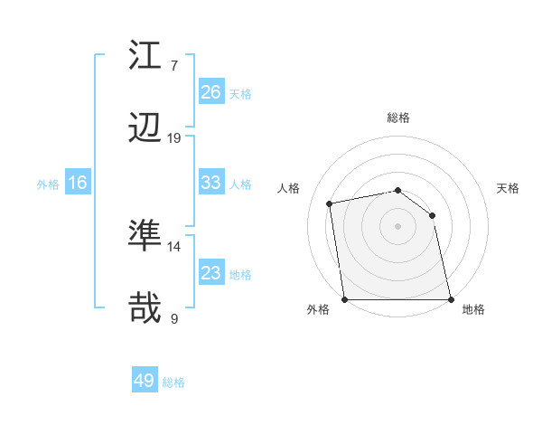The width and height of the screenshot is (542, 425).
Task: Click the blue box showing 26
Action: pyautogui.click(x=211, y=92)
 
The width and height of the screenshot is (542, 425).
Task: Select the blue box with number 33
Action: pyautogui.click(x=211, y=183)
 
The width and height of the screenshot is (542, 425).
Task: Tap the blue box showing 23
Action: pyautogui.click(x=211, y=274)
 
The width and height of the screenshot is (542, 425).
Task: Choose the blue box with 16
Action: pyautogui.click(x=78, y=184)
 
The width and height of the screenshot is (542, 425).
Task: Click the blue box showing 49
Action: pyautogui.click(x=145, y=381)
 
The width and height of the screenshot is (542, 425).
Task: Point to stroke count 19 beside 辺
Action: pyautogui.click(x=174, y=138)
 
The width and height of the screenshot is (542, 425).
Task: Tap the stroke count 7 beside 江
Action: pyautogui.click(x=174, y=66)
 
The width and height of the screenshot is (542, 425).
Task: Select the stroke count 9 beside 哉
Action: pyautogui.click(x=174, y=319)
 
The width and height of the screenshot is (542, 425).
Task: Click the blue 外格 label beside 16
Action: pyautogui.click(x=48, y=184)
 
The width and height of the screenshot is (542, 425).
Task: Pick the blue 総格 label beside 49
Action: pyautogui.click(x=174, y=382)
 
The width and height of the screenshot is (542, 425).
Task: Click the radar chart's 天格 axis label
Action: pyautogui.click(x=508, y=188)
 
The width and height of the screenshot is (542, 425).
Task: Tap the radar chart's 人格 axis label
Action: pyautogui.click(x=289, y=188)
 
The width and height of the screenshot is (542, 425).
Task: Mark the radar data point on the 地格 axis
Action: pyautogui.click(x=451, y=299)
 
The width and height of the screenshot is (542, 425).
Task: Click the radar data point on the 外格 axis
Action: pyautogui.click(x=344, y=299)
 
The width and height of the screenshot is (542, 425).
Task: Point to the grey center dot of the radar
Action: pyautogui.click(x=397, y=225)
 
